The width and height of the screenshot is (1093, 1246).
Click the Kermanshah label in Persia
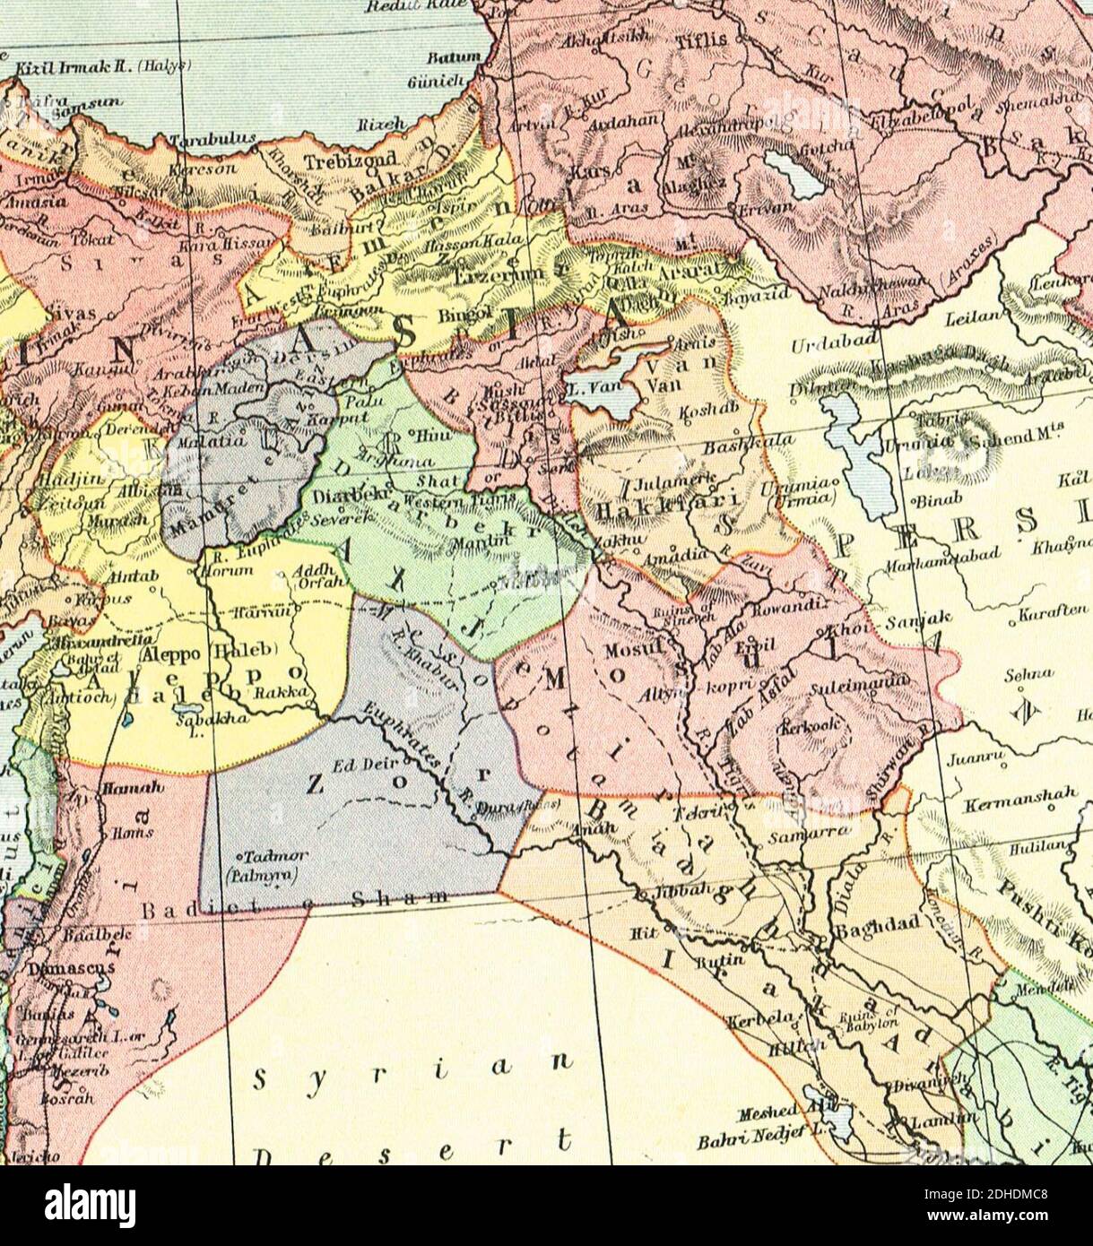point(1004,806)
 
